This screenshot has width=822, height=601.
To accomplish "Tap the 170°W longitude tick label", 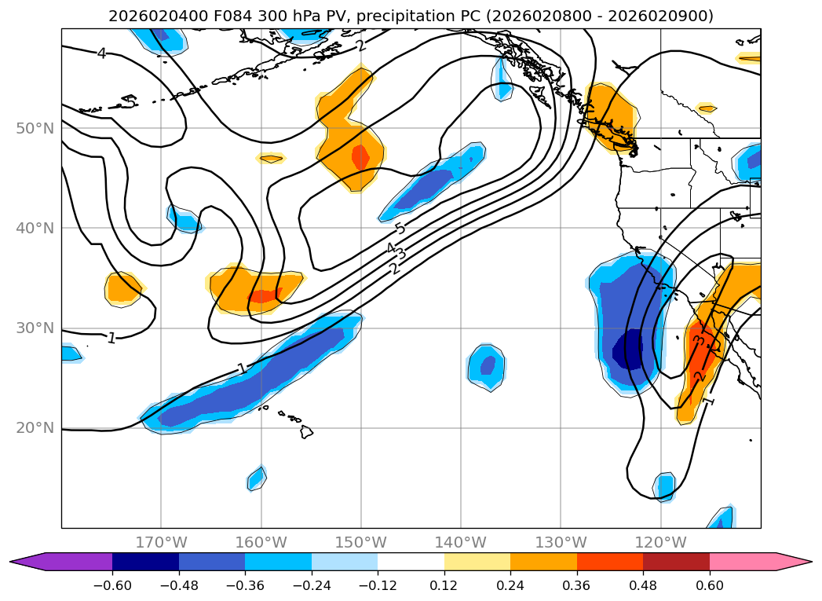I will [x=160, y=542].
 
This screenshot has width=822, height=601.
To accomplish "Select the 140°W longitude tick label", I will [x=460, y=542].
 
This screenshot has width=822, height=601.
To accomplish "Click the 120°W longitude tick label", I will [x=660, y=542].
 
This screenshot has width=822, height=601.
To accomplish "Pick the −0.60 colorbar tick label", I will [x=112, y=585].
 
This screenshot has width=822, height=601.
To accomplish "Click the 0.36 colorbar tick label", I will [x=577, y=585].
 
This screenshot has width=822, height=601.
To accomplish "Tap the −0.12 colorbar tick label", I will [x=378, y=585].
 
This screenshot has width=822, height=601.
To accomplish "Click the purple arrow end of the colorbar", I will [x=24, y=562].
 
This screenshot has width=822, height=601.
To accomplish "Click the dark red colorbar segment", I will [x=676, y=562].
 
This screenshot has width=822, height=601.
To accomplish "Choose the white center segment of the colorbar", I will [x=411, y=562].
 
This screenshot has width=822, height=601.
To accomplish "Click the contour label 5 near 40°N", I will [x=400, y=229].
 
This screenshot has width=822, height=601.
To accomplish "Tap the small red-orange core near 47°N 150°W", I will [x=360, y=157].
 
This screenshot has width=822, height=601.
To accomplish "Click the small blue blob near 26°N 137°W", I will [x=488, y=366].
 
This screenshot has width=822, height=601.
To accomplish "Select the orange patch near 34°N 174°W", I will [x=123, y=289].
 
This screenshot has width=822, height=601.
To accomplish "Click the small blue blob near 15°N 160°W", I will [x=257, y=478].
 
